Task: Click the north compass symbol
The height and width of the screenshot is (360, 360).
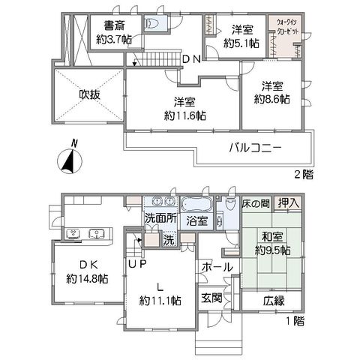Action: tap(70, 160)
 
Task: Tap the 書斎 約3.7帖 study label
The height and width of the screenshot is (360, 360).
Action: tap(114, 32)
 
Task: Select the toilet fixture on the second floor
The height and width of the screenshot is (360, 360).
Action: tap(152, 23)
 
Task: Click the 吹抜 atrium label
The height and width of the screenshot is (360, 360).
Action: tap(90, 94)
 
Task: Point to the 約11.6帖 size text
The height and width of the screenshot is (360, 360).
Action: tap(185, 116)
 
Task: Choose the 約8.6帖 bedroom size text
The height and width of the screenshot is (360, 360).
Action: tap(272, 99)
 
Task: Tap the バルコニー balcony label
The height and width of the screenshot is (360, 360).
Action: tap(256, 148)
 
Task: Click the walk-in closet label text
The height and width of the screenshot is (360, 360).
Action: tap(286, 27)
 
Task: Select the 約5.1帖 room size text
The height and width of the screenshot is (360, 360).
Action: tap(241, 43)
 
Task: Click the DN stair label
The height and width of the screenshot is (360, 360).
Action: tap(192, 59)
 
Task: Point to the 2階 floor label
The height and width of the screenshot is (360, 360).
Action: tap(304, 174)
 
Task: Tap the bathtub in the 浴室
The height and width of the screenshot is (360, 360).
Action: tap(196, 205)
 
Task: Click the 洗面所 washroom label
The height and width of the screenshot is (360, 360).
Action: tap(161, 219)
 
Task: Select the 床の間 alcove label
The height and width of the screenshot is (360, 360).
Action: tap(256, 204)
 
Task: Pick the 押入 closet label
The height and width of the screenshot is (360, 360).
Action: tap(289, 203)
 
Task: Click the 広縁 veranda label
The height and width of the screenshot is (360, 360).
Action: tap(274, 301)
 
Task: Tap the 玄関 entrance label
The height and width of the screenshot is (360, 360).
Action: tap(211, 298)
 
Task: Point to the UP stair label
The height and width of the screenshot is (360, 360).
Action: tap(137, 264)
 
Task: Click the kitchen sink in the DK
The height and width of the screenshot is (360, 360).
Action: tap(97, 234)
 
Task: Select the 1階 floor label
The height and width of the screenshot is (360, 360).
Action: tap(295, 321)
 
